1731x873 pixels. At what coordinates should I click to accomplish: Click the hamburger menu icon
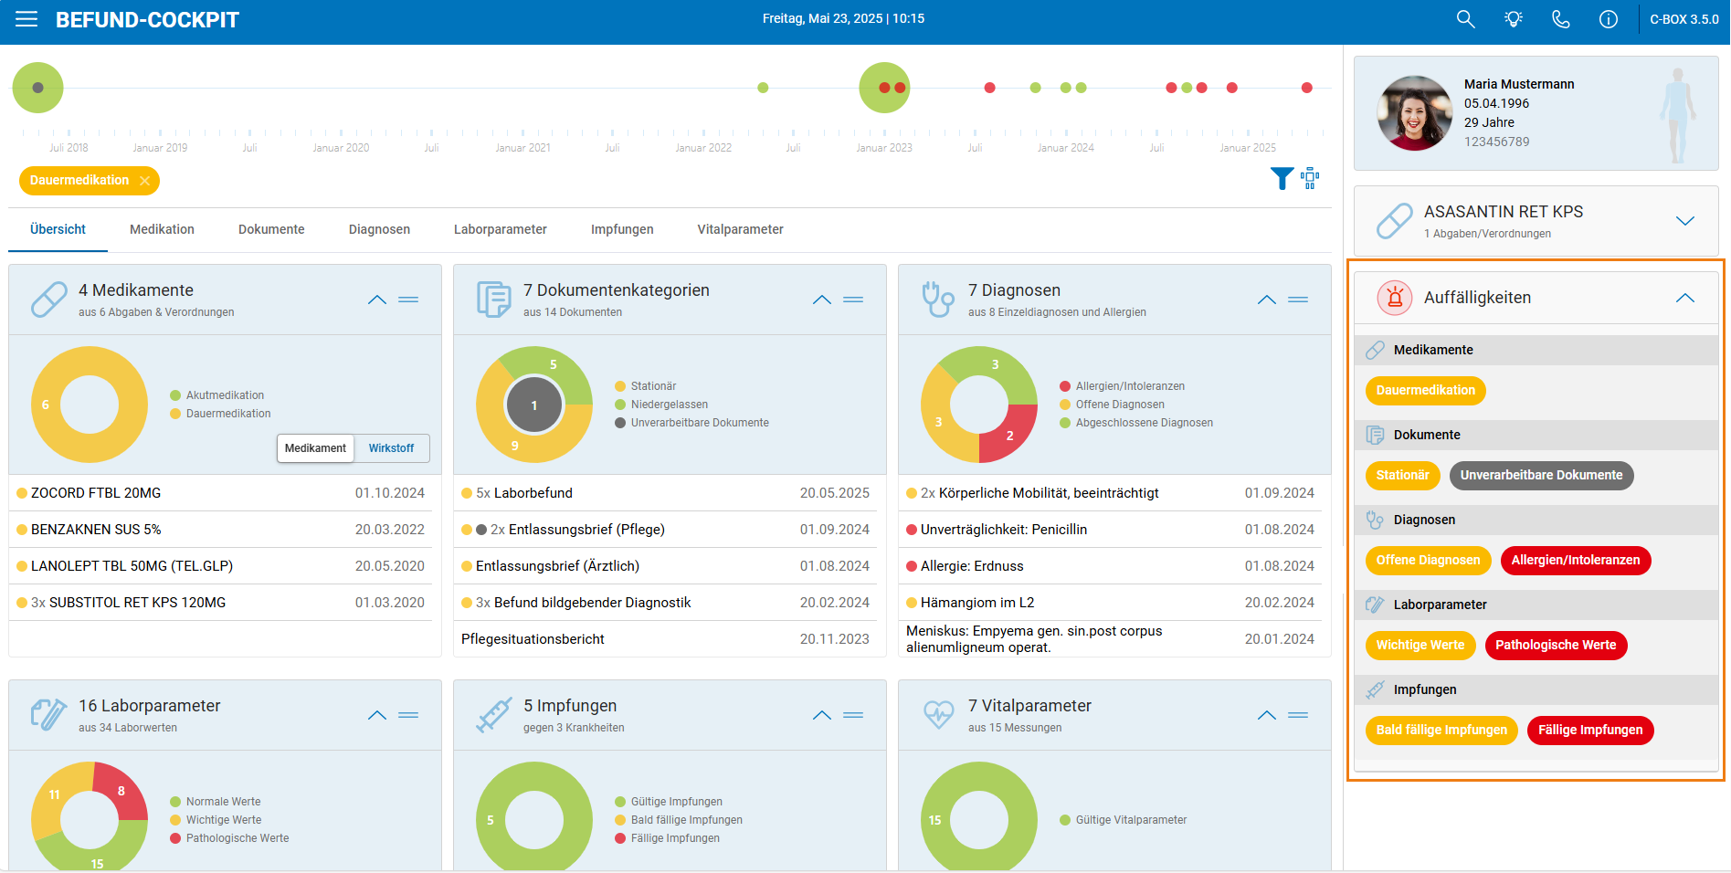26,19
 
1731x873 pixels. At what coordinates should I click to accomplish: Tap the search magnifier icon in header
1465,19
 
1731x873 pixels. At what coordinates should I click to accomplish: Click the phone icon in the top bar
1561,19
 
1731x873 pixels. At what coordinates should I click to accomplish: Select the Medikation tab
162,229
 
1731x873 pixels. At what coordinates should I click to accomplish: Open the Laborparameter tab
501,229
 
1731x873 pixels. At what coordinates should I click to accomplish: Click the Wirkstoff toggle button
391,448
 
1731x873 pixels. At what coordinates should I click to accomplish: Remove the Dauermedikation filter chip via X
144,181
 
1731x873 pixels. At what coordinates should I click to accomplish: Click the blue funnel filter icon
1282,178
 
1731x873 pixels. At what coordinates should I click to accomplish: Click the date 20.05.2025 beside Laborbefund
835,493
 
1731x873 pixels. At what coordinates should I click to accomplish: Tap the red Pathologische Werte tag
1556,646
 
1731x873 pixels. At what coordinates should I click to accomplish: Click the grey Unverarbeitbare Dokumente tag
1542,476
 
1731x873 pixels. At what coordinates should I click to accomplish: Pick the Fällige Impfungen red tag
1590,731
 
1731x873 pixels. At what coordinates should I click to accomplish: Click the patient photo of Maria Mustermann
1414,113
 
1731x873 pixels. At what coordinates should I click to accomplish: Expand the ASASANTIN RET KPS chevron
1685,221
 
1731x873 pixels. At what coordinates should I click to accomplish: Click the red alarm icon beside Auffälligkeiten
1395,298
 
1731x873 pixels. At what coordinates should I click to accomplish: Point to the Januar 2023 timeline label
884,148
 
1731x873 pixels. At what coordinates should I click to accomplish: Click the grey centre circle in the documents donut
534,405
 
